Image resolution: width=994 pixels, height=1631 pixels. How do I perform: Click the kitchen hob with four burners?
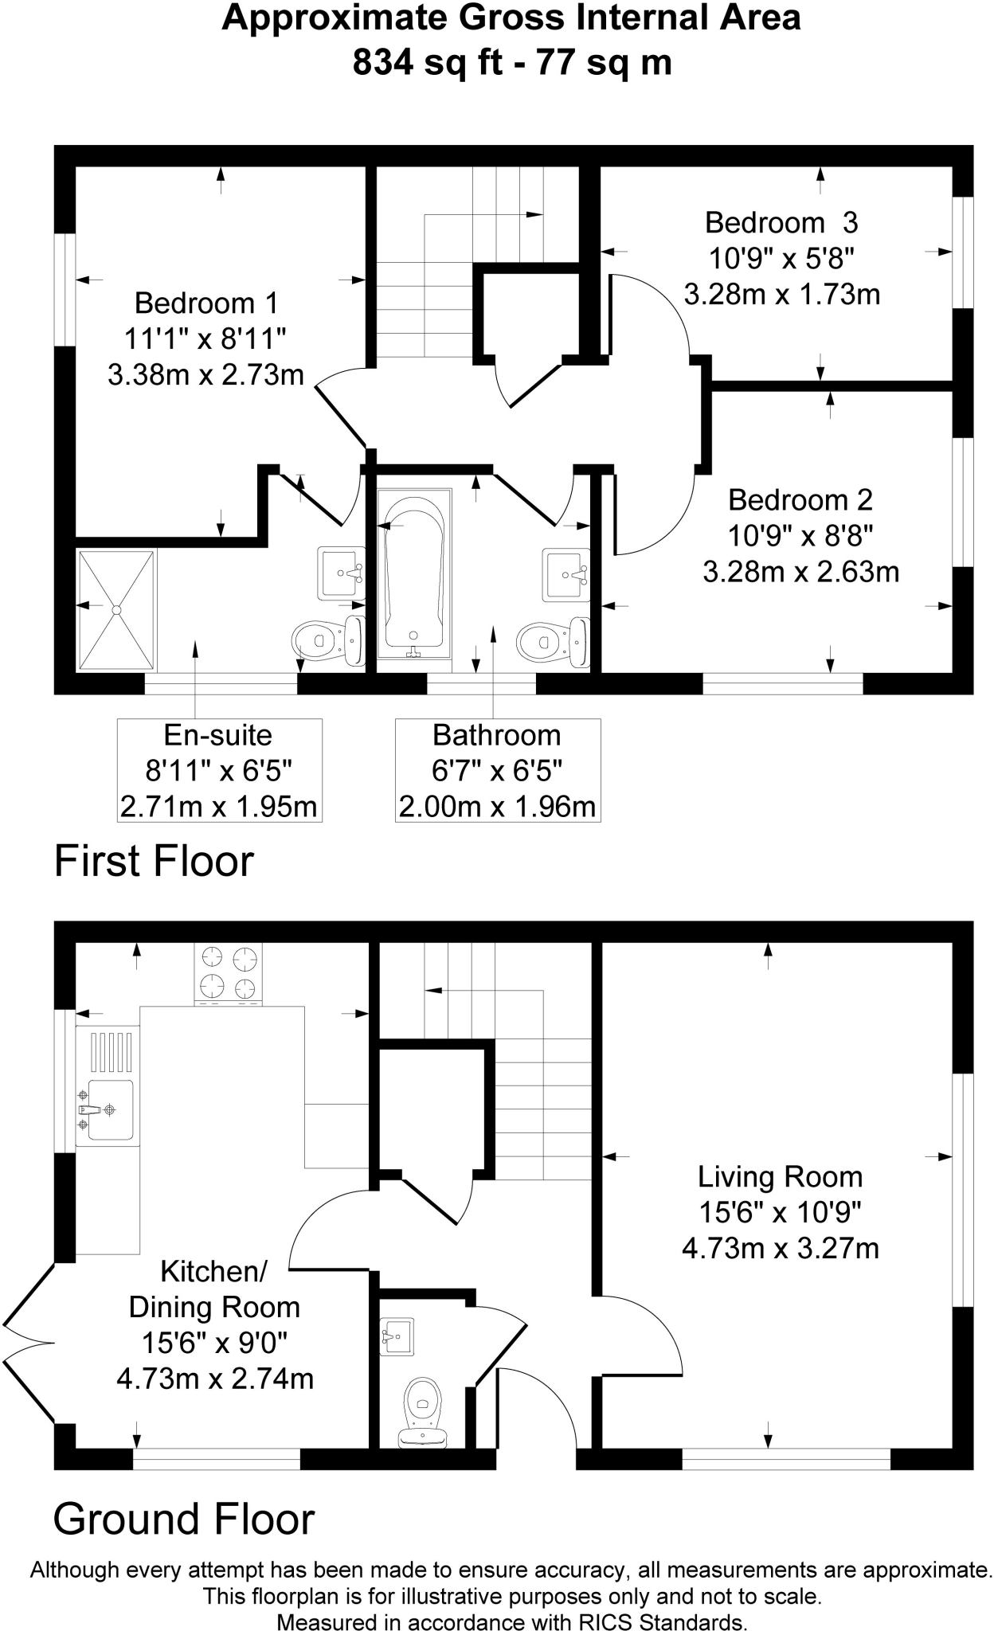click(228, 973)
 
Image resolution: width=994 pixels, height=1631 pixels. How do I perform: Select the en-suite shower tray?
click(116, 609)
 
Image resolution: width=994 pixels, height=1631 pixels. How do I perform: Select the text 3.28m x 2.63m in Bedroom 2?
click(800, 572)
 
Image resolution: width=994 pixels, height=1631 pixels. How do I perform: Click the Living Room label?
click(780, 1176)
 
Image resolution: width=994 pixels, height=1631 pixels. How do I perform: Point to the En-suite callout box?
click(219, 770)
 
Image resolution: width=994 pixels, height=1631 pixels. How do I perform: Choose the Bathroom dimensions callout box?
click(497, 770)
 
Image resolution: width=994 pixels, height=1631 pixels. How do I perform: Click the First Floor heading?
click(154, 861)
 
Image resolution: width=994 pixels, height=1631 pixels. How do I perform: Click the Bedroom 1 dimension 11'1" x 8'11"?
click(205, 339)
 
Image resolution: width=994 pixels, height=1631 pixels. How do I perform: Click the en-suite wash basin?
click(341, 572)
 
